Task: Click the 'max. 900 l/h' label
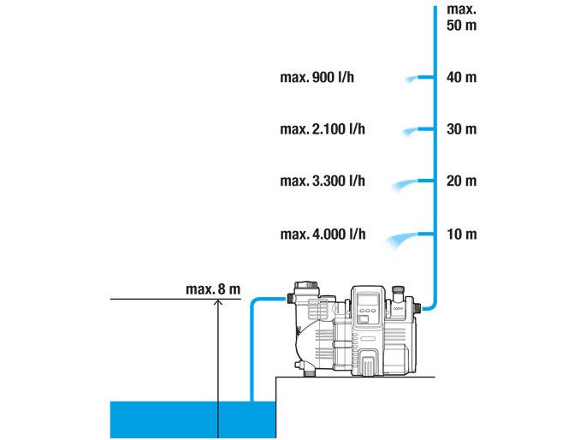[317, 78]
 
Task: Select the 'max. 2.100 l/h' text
[323, 129]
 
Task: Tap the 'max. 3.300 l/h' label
[323, 181]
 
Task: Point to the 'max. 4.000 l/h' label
[323, 234]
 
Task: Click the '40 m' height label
[461, 78]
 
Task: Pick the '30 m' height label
[461, 129]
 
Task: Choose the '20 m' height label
[461, 181]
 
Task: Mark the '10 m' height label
[461, 234]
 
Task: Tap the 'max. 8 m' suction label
[212, 288]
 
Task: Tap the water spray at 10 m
[404, 239]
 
